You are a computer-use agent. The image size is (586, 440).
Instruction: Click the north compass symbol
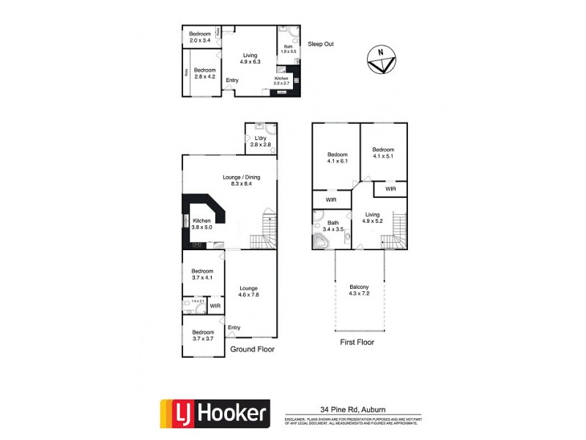[x=381, y=59]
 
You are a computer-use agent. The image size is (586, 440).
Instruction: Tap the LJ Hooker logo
[x=215, y=414]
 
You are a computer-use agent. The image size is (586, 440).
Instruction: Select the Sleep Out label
[x=321, y=44]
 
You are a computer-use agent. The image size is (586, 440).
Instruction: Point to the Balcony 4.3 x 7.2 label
[x=359, y=290]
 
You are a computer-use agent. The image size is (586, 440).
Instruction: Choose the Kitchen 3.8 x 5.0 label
[x=201, y=224]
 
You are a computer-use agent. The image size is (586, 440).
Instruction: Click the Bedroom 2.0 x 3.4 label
[x=200, y=37]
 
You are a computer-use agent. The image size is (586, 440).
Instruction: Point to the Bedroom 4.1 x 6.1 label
[x=337, y=158]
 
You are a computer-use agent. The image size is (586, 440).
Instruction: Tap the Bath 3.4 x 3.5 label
[x=333, y=226]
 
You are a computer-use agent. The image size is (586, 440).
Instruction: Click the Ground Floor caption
[x=252, y=350]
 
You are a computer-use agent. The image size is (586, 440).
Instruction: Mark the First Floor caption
[x=357, y=342]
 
